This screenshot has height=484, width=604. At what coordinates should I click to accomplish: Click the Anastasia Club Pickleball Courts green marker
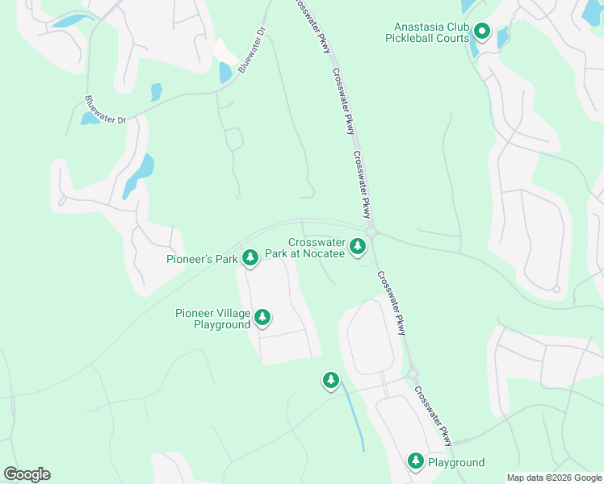pos(482,32)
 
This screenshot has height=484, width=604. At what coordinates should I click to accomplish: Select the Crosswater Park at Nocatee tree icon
pos(357,244)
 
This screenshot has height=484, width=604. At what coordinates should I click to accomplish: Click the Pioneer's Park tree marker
pos(250,257)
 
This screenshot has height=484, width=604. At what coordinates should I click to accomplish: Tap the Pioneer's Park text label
pos(202,259)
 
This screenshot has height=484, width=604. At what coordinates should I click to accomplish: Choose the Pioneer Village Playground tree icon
pos(262,319)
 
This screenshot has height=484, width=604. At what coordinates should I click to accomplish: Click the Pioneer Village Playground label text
pos(212,319)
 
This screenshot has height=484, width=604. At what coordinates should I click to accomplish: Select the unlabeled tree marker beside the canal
pos(330,380)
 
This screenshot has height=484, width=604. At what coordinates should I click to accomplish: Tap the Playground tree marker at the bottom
pos(416,461)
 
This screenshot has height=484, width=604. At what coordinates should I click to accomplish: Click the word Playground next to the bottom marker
pos(456,462)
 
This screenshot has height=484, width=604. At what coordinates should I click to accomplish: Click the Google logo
pos(27,474)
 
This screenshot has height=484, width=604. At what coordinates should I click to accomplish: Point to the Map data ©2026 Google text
pos(553,478)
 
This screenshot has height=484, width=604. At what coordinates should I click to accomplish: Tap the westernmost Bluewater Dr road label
pos(106,110)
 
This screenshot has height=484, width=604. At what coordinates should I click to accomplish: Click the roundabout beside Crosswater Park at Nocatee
pos(371,232)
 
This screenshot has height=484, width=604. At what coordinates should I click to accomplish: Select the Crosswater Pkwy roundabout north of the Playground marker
pos(412,374)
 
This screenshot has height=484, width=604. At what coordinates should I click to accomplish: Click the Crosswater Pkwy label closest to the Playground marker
pos(434,416)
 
